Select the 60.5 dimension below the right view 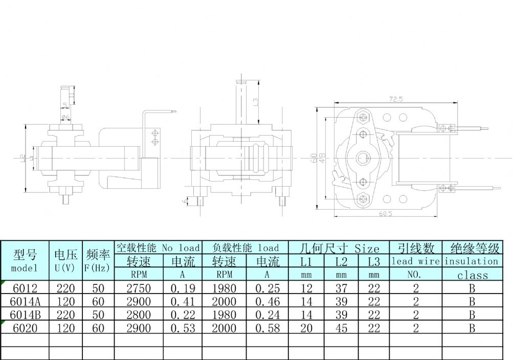coord(386,214)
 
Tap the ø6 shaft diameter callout coord(65,117)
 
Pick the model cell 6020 coord(24,328)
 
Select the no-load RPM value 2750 coord(139,288)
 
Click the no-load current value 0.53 coord(183,328)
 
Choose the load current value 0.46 coord(267,301)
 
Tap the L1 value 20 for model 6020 coord(306,328)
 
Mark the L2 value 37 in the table coord(341,288)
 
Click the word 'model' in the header coord(24,268)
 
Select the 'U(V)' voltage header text coord(65,268)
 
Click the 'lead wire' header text coord(415,261)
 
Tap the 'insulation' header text coord(471,261)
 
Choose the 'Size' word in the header coord(367,249)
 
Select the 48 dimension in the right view coord(322,158)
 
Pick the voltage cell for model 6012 coord(65,288)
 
